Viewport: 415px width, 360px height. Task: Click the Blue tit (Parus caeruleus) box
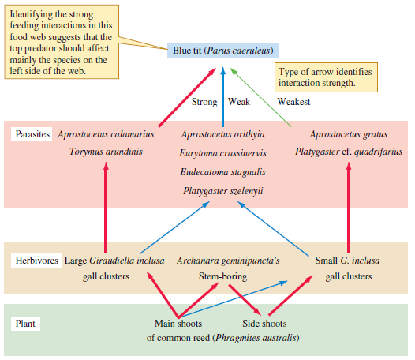pos(223,51)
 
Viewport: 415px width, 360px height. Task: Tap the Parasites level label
pos(32,134)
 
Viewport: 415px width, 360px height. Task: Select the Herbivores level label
pos(36,260)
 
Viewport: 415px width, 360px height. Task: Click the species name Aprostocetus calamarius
pos(106,134)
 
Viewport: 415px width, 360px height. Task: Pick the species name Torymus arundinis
pos(106,152)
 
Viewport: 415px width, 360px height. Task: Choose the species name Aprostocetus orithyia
pos(222,134)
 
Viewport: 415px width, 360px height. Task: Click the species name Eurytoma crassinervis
pos(222,153)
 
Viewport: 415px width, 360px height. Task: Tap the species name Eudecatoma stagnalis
pos(222,171)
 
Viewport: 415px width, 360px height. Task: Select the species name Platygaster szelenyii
pos(222,190)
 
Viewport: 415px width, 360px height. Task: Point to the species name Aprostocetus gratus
pos(347,134)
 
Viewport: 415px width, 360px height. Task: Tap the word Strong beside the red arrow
pos(204,102)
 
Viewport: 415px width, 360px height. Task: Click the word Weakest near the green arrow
pos(293,102)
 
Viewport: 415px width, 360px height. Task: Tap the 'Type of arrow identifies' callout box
pos(324,77)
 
